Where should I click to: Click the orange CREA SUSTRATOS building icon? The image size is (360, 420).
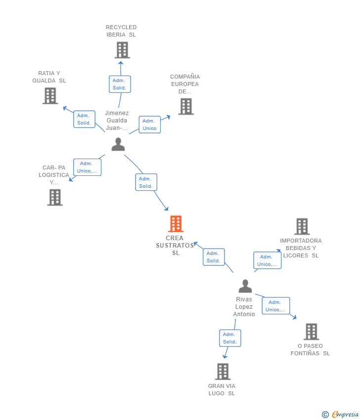click(176, 224)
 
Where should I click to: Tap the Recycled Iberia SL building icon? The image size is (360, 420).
click(122, 50)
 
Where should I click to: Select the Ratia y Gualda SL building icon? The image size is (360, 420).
click(50, 96)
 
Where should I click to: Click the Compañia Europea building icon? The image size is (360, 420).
click(186, 106)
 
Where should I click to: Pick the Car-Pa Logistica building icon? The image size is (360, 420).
click(55, 197)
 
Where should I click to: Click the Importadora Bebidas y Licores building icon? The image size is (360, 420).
click(302, 226)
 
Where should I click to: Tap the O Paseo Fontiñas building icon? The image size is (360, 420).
click(311, 332)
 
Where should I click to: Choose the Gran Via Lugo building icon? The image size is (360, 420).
click(223, 372)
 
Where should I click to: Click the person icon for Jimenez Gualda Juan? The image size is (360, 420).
click(118, 144)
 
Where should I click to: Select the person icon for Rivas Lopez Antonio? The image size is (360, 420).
click(245, 287)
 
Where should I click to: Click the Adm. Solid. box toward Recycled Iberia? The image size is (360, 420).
click(120, 84)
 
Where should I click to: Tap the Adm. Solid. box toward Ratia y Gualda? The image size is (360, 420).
click(84, 119)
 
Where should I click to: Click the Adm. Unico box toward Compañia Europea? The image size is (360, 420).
click(149, 125)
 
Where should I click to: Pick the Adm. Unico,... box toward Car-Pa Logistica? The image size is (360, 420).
click(87, 167)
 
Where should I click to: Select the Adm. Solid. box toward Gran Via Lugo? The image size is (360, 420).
click(230, 338)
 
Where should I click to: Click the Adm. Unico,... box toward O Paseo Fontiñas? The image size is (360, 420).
click(275, 306)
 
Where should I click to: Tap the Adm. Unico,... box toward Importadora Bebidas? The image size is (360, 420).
click(267, 260)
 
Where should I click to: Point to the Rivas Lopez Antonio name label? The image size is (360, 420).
click(244, 307)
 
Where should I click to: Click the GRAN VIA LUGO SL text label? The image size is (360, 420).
click(222, 390)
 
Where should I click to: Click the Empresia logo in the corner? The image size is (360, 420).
click(341, 415)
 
